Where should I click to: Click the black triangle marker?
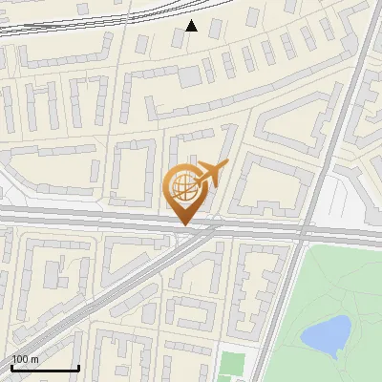191,26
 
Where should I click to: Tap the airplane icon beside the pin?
211,174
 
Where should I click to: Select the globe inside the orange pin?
181,186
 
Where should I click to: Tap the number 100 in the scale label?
20,359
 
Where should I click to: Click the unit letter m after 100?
34,359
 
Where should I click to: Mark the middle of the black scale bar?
45,369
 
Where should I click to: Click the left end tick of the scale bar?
11,367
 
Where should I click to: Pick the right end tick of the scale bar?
78,367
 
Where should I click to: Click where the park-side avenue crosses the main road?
304,232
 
